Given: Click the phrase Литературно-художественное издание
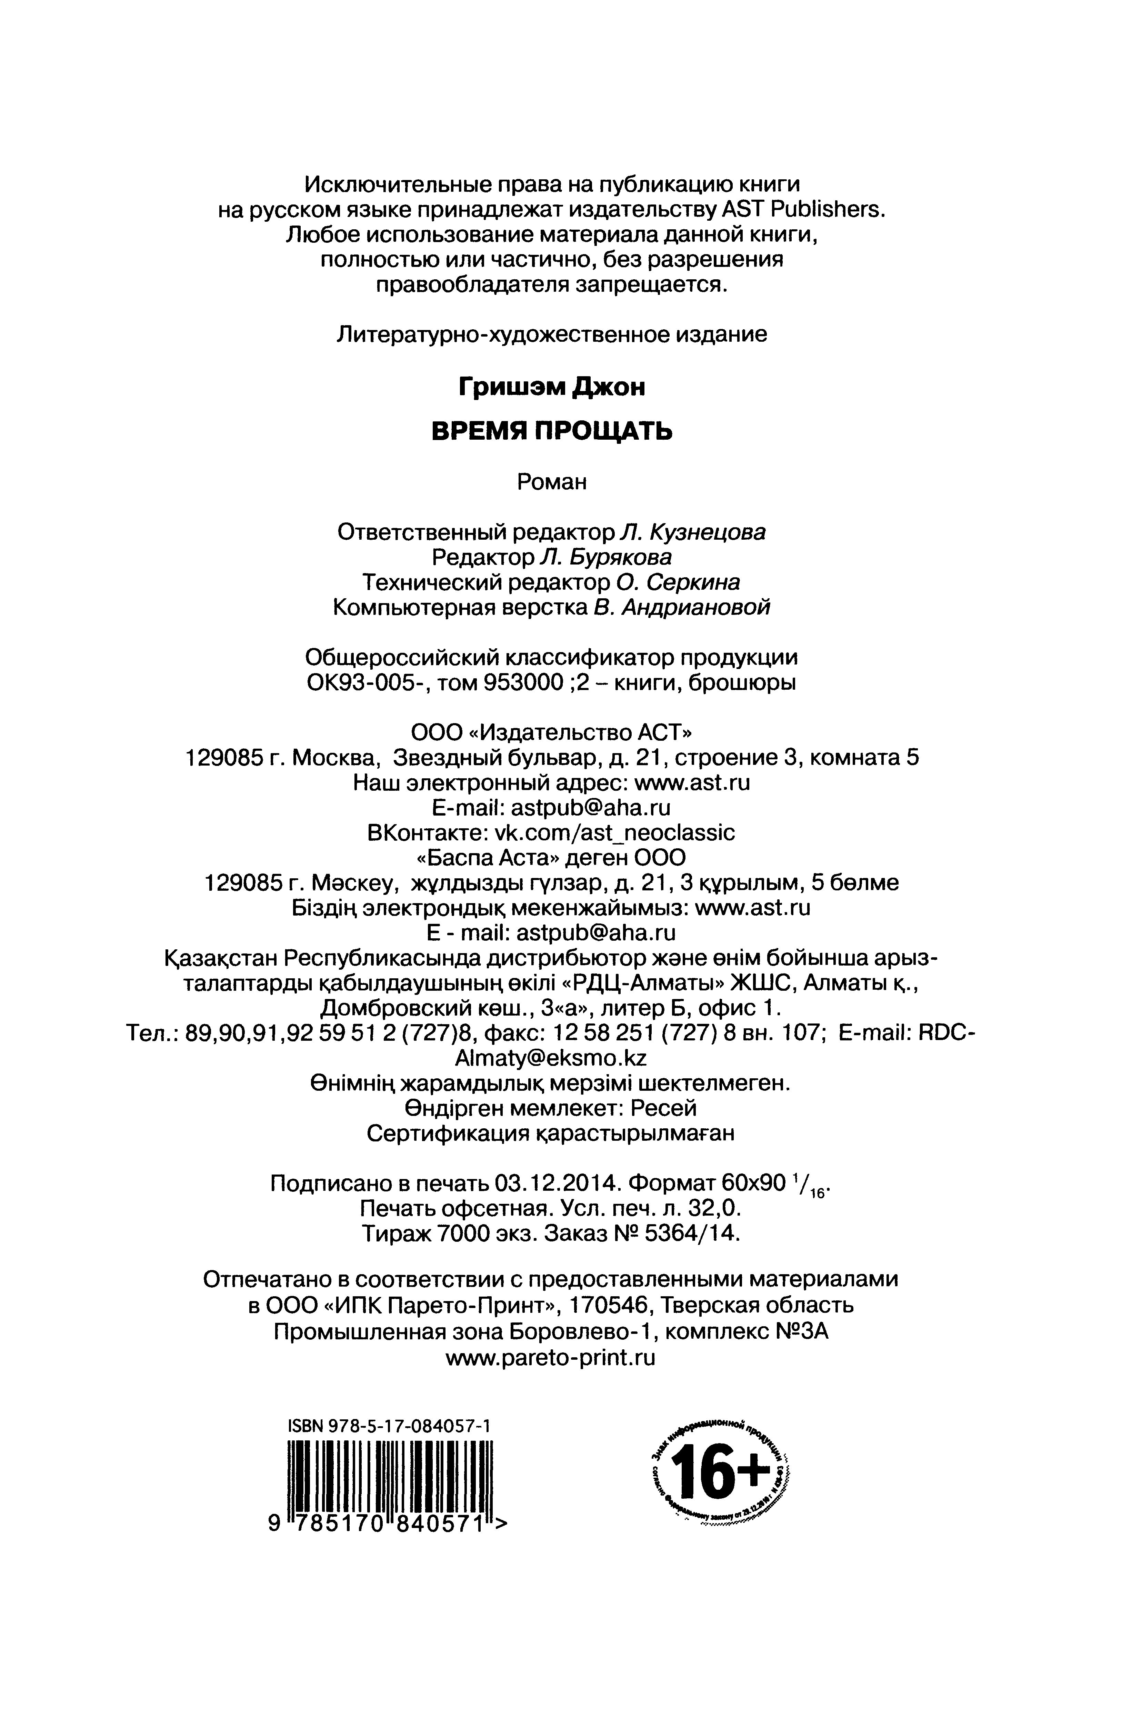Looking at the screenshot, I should pyautogui.click(x=552, y=334).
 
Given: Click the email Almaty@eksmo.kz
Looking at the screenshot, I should pyautogui.click(x=552, y=1058).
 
